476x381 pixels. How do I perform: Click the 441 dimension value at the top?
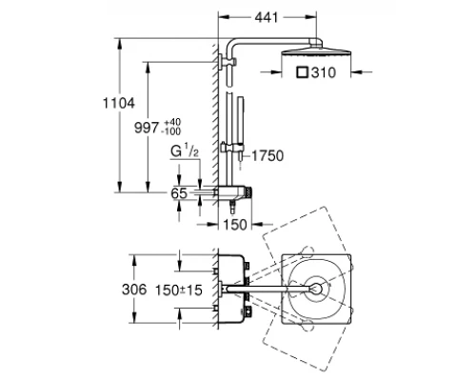[x=267, y=18]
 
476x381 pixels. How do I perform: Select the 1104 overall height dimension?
[x=119, y=103]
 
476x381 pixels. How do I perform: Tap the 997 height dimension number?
[x=146, y=128]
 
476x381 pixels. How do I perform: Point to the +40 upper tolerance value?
[x=172, y=122]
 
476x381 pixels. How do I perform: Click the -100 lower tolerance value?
[x=172, y=130]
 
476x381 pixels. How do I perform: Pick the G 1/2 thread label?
[x=185, y=150]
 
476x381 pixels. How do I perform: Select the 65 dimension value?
[x=179, y=193]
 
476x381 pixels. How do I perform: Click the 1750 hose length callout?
[x=268, y=156]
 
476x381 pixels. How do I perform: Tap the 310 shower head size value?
[x=324, y=72]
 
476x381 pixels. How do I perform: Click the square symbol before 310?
[x=303, y=72]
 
